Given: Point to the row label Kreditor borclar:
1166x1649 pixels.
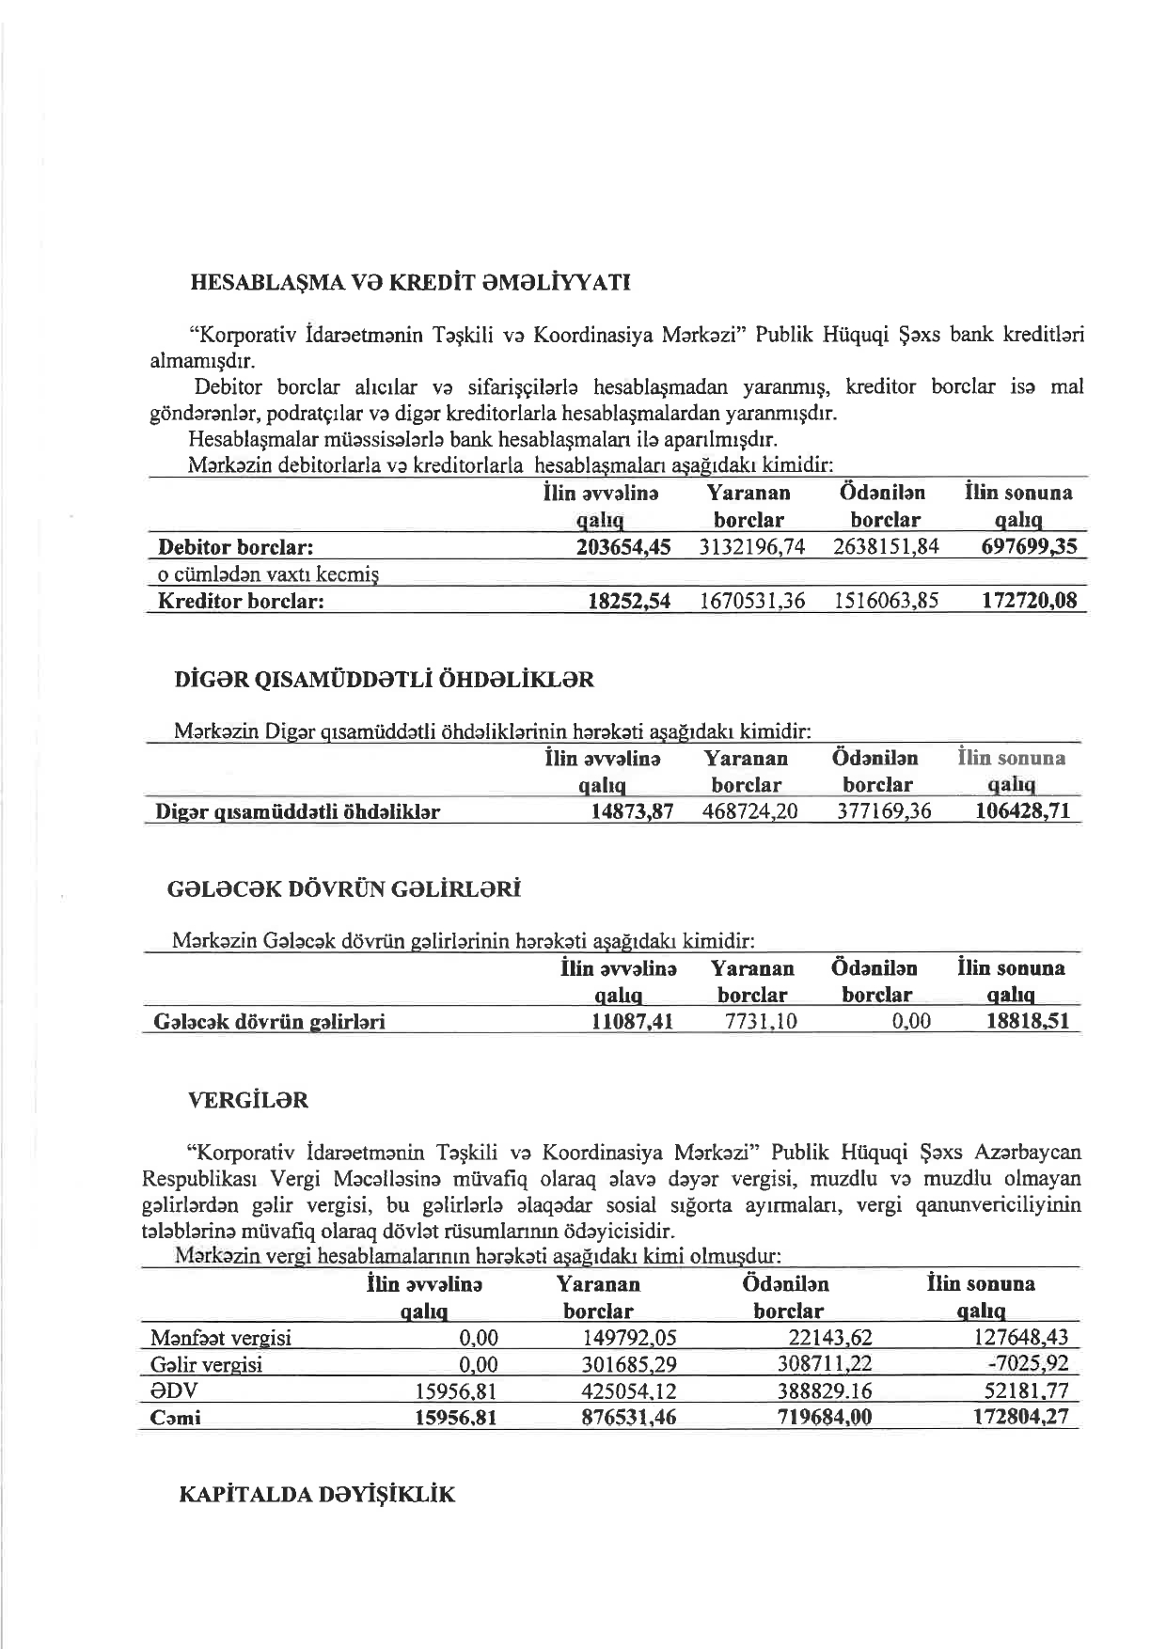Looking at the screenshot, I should pos(241,602).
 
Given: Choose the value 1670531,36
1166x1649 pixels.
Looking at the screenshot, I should pos(752,602).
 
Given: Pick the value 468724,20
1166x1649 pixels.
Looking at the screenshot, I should pos(749,811).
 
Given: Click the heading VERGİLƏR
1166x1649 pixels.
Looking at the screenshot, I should pos(248,1100).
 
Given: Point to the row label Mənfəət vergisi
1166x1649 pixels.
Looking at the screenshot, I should pos(221,1339).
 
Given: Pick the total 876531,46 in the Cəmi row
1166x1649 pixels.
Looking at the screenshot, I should pos(629,1418).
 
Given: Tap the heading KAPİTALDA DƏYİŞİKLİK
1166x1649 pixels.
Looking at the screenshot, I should pos(317,1495).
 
